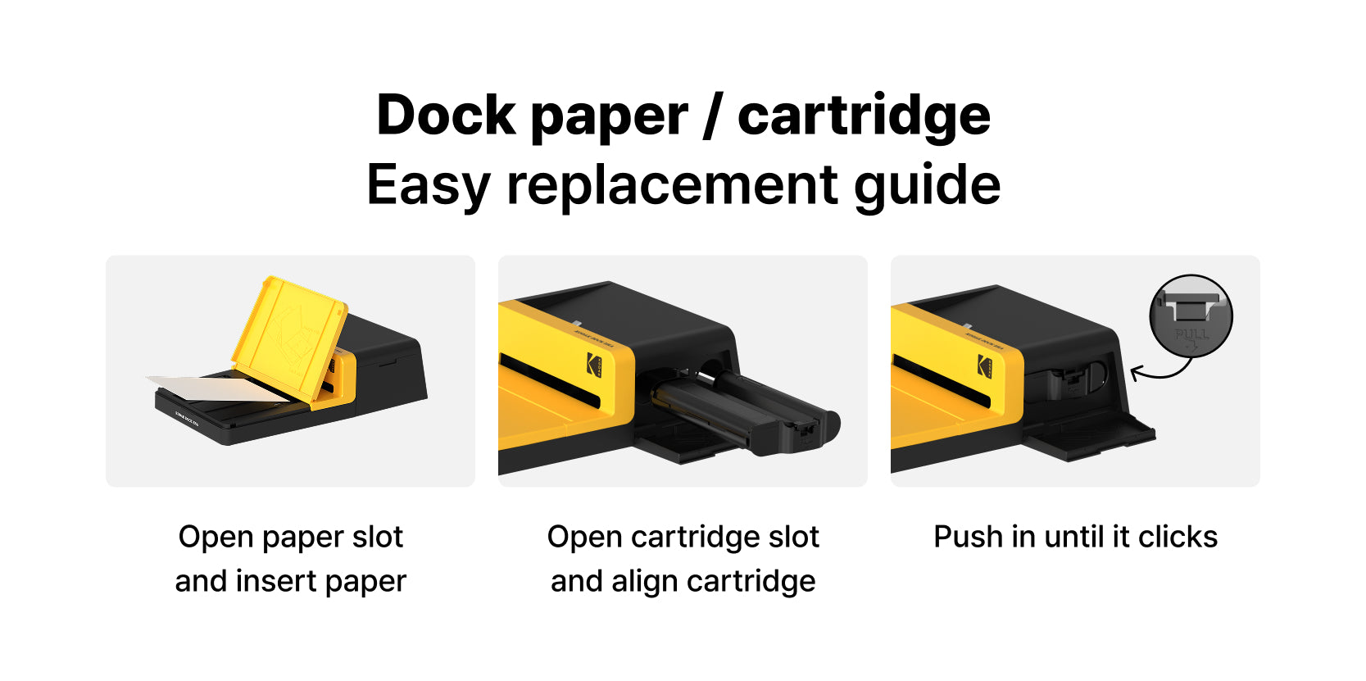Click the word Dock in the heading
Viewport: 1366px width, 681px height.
[x=445, y=116]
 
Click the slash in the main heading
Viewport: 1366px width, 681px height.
[x=712, y=116]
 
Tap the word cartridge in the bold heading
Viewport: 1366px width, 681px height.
[x=864, y=116]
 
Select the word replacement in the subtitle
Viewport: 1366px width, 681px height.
[x=672, y=185]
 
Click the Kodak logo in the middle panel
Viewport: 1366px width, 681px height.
[x=593, y=364]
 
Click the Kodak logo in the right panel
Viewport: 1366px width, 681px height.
[x=984, y=365]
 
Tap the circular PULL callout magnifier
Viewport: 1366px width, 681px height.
[x=1191, y=316]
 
